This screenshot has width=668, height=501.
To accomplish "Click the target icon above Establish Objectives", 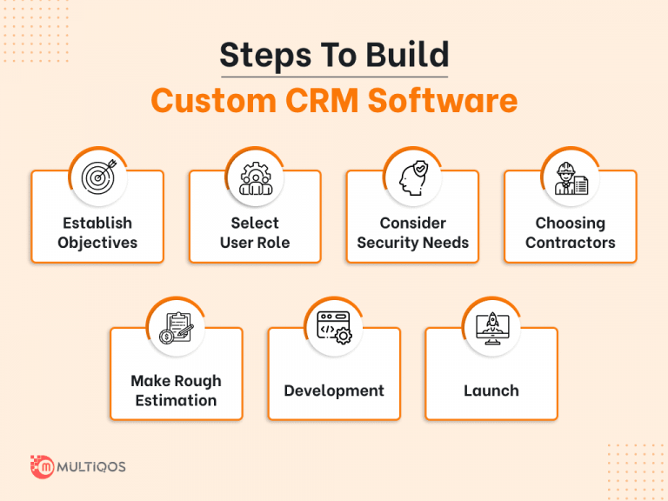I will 97,177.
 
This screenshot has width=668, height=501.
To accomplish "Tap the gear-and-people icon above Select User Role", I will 255,177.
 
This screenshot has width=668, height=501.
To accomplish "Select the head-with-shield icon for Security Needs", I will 412,177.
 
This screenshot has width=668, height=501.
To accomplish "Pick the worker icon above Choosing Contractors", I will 571,177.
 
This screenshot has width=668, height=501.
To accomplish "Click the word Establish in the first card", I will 97,224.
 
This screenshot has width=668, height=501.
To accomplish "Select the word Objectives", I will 97,243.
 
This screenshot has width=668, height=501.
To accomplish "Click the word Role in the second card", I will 272,243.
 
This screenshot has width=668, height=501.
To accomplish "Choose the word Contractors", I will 571,243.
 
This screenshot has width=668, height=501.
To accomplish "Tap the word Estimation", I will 177,400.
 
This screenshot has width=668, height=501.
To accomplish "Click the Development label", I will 334,391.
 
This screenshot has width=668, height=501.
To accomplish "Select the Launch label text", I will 491,391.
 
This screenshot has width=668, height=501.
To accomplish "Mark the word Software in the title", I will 443,100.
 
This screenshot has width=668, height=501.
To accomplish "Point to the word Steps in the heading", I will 257,55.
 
